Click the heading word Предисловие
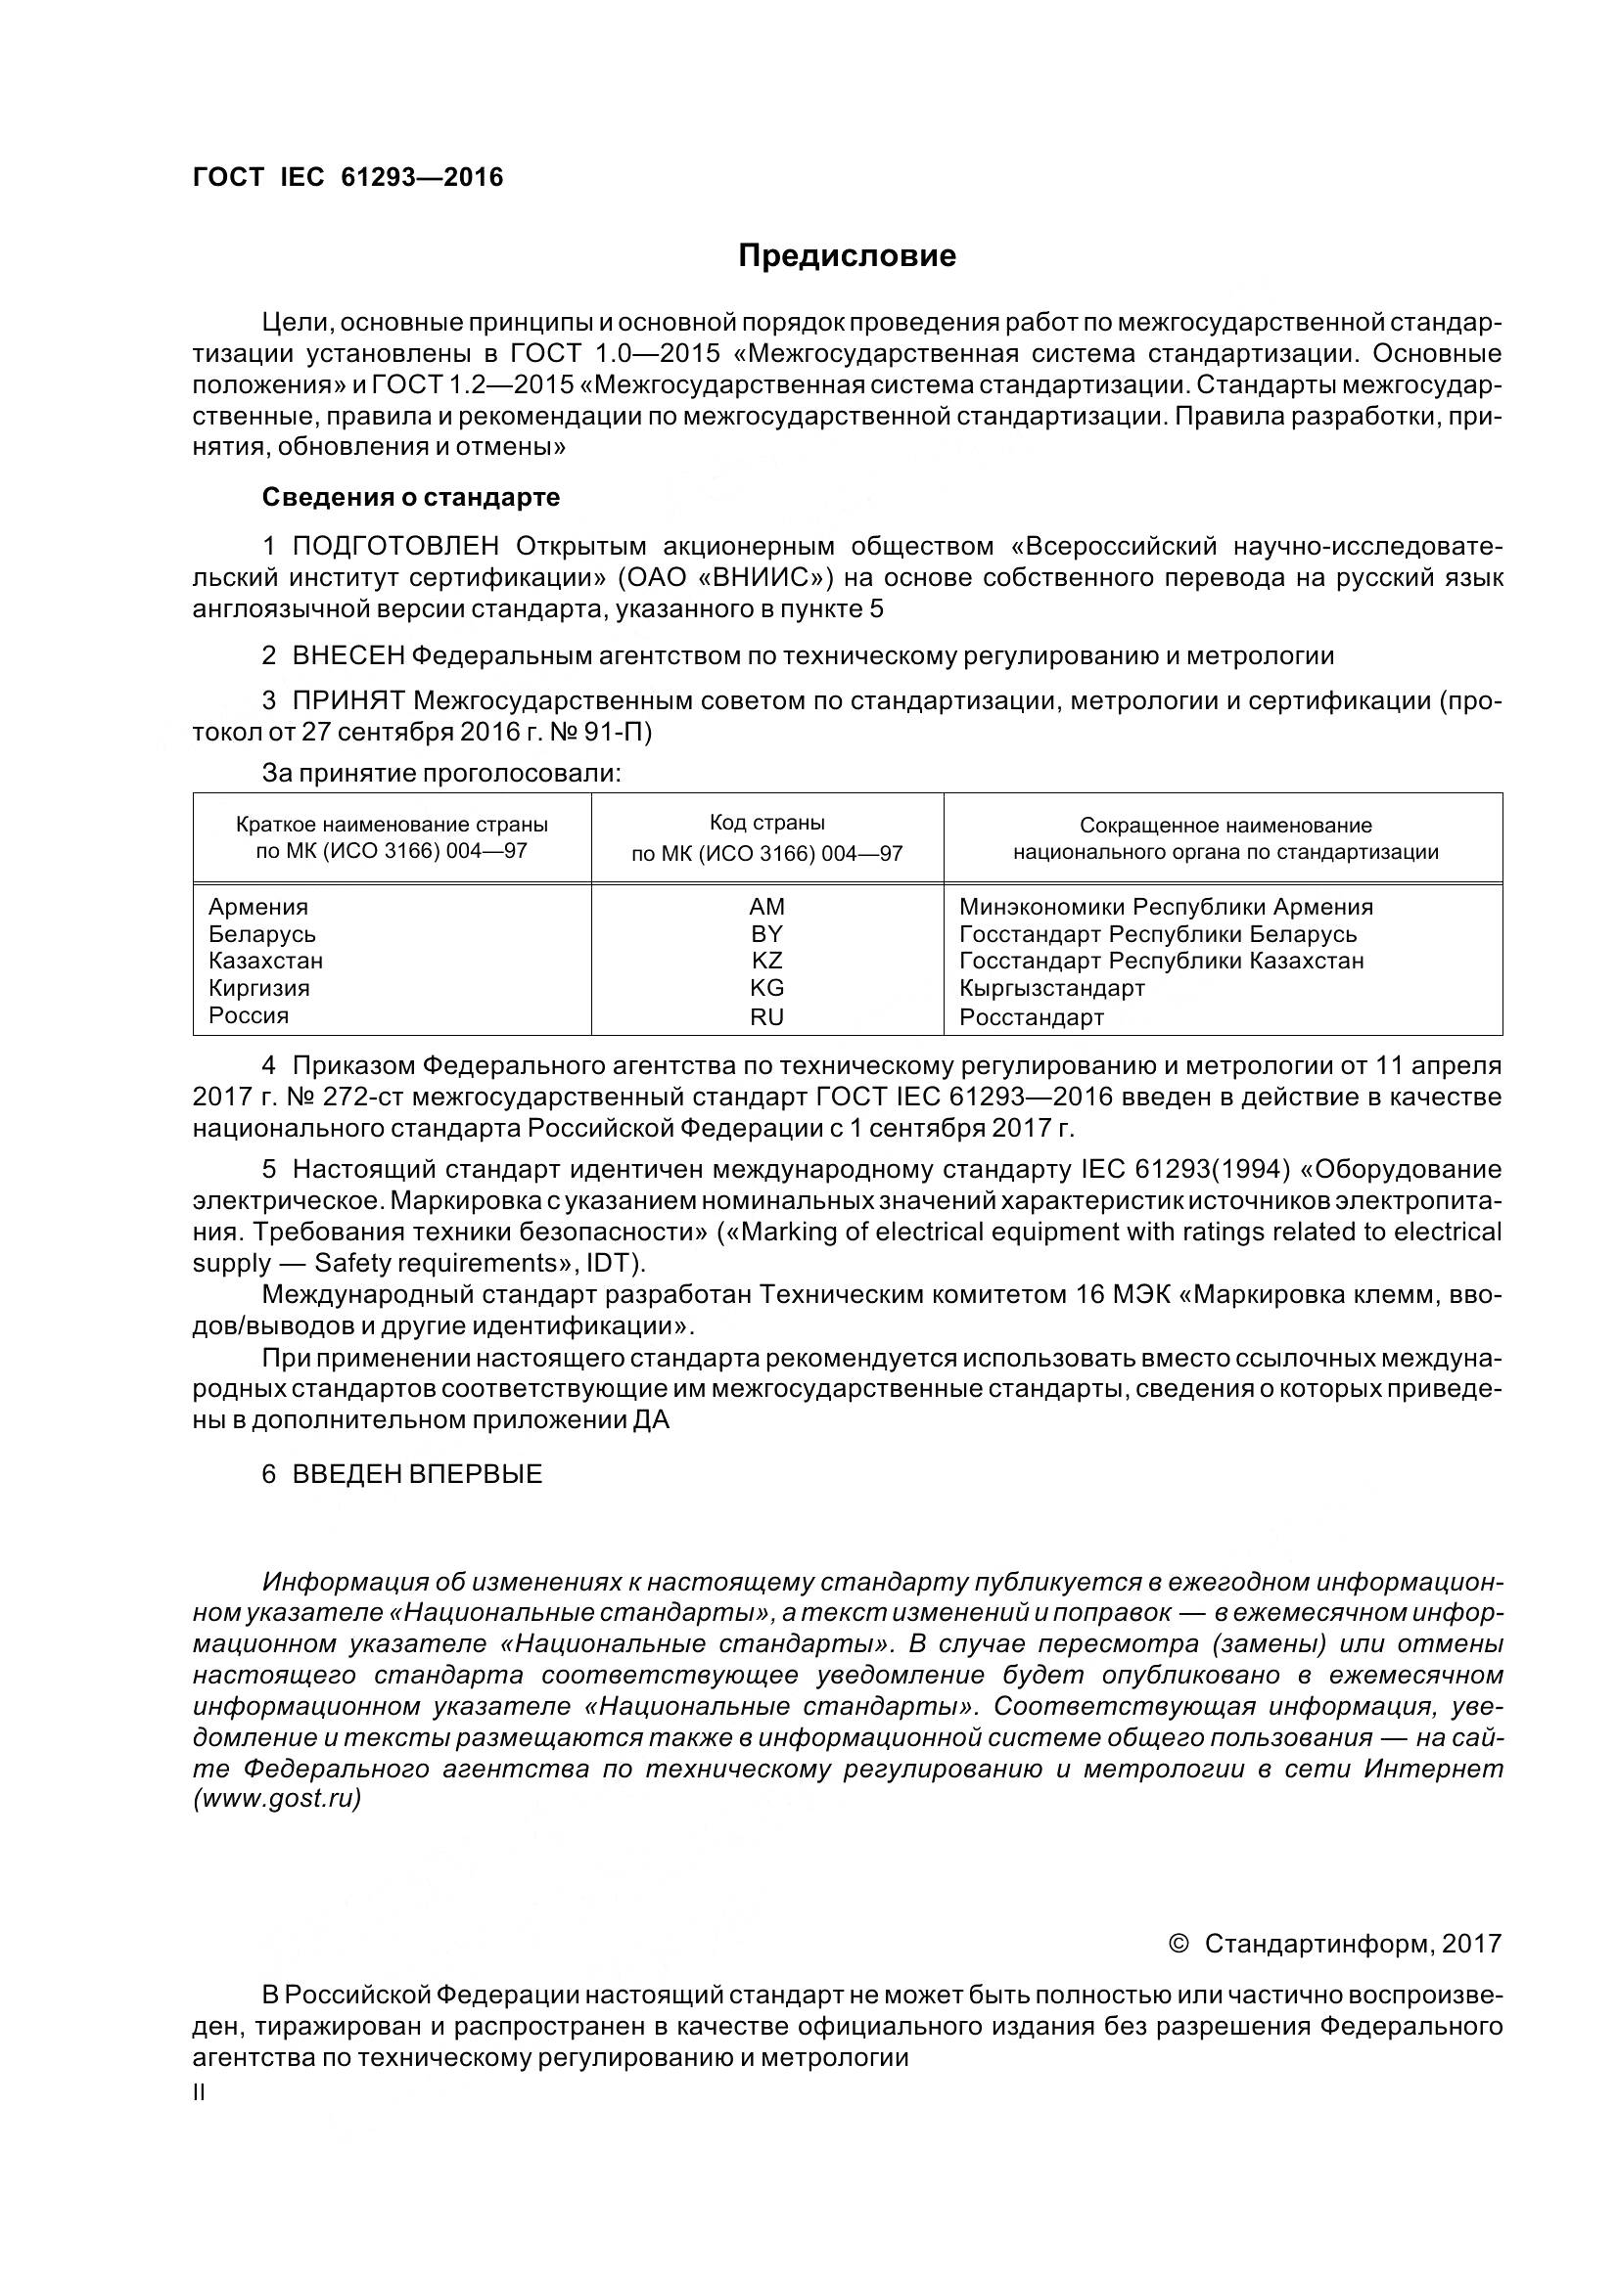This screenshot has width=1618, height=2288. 847,256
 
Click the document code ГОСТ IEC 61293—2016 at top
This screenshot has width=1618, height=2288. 347,177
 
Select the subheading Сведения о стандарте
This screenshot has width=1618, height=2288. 411,496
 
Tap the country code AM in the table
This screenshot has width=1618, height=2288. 766,907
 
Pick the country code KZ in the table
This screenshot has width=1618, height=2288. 766,961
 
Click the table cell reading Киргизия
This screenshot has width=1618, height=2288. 259,988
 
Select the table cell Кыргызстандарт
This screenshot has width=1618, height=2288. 1052,989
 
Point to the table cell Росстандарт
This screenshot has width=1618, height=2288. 1032,1017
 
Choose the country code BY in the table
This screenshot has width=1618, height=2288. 766,934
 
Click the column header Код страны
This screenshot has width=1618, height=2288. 766,823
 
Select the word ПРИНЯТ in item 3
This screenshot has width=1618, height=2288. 347,700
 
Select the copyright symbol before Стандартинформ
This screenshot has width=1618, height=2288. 1178,1944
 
